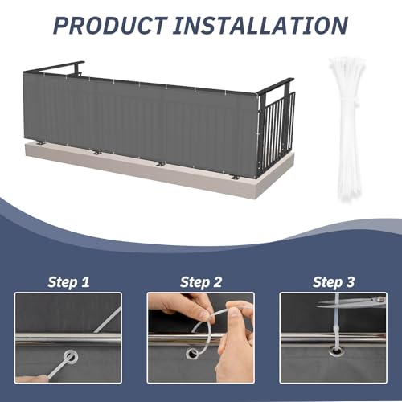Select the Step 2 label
[200, 281]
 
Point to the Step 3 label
[333, 281]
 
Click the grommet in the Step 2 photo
[193, 353]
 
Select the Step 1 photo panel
[68, 337]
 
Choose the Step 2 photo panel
[200, 337]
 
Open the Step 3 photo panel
[333, 337]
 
